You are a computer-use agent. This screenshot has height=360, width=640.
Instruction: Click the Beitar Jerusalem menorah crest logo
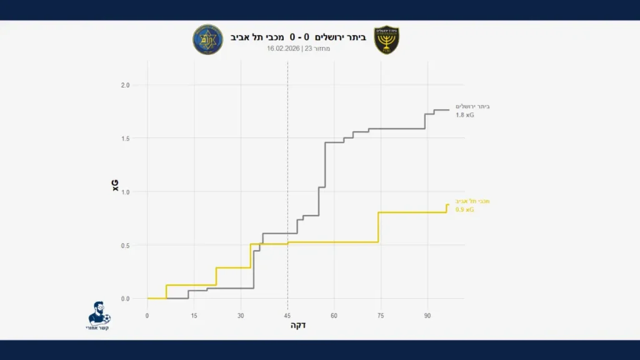[x=386, y=40]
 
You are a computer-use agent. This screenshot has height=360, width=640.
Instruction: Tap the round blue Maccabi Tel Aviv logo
[x=207, y=40]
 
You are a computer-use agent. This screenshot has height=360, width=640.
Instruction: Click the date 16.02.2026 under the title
[x=284, y=49]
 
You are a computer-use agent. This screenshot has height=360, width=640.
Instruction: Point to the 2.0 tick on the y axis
[x=125, y=85]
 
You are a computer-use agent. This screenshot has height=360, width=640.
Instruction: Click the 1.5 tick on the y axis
[x=125, y=138]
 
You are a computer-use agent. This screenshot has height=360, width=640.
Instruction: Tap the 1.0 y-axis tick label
[x=125, y=192]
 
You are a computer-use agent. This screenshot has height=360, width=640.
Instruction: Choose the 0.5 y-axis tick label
[x=125, y=245]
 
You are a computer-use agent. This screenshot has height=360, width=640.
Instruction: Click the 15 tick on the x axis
[x=194, y=316]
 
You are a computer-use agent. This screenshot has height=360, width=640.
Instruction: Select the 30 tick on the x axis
[x=241, y=316]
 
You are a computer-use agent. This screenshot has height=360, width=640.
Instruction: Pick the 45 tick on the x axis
[x=287, y=316]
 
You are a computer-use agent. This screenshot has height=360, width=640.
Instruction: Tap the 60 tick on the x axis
[x=334, y=316]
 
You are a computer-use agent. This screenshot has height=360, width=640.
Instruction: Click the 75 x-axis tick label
[x=381, y=316]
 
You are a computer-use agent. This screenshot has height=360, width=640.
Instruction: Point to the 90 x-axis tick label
[x=427, y=316]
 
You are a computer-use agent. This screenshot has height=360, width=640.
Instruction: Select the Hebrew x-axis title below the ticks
[x=298, y=326]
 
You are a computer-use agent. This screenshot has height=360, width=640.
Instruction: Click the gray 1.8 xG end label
[x=465, y=115]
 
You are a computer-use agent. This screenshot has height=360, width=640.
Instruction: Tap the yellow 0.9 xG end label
[x=464, y=210]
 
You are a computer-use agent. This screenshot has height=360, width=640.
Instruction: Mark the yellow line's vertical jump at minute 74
[x=378, y=227]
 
